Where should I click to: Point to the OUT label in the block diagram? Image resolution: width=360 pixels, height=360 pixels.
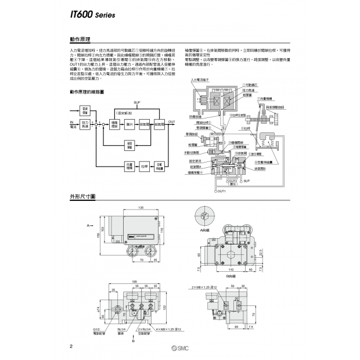(x=171, y=121)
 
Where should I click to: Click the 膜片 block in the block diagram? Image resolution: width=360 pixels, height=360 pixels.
(x=130, y=124)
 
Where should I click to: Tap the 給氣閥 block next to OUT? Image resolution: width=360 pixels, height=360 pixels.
(x=159, y=124)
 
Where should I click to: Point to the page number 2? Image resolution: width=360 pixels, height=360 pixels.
(x=71, y=347)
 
